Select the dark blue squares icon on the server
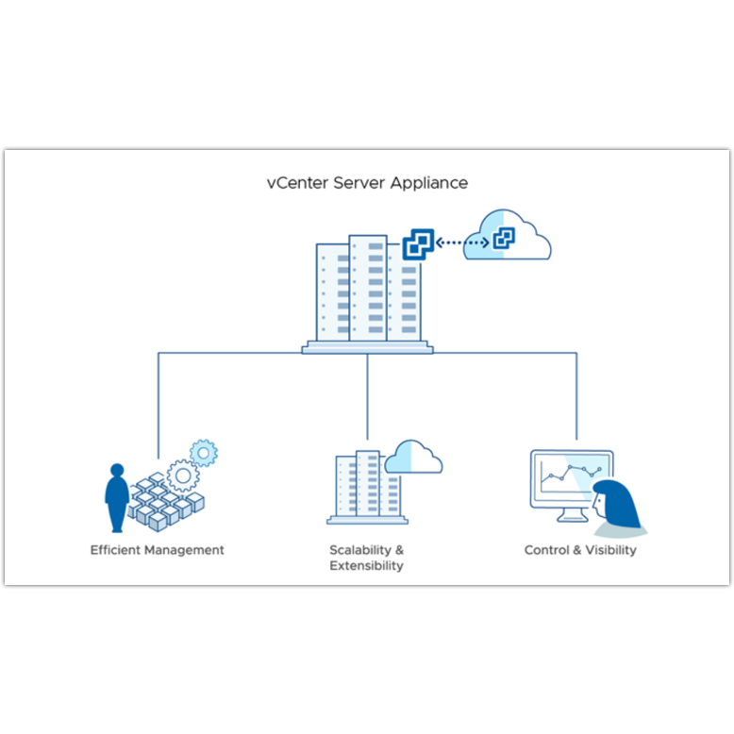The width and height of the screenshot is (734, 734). [417, 245]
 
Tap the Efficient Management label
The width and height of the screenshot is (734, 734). [158, 549]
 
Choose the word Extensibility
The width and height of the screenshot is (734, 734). [367, 566]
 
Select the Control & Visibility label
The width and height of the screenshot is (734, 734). [580, 549]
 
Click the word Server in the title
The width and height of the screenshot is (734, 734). [359, 183]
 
